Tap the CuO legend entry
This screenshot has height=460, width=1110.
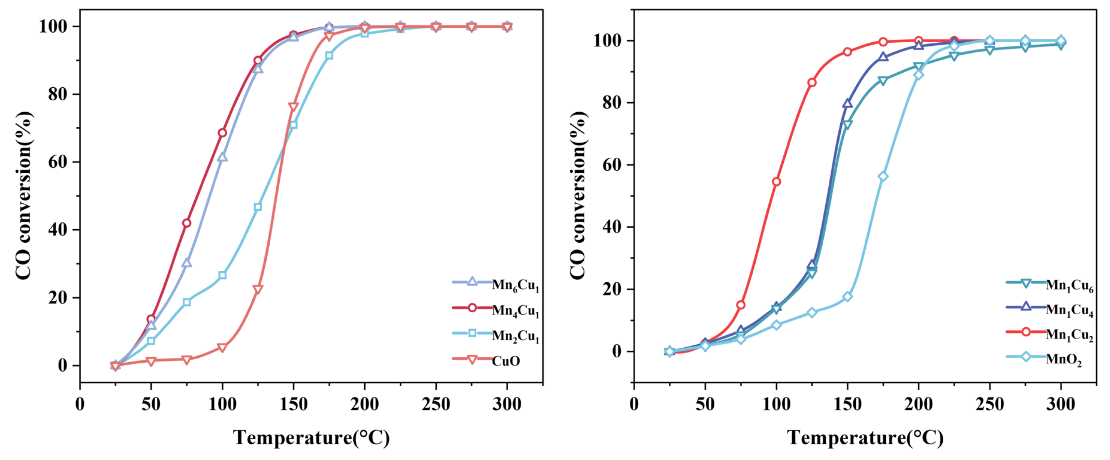tap(506, 360)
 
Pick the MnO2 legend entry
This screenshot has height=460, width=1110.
tap(1063, 359)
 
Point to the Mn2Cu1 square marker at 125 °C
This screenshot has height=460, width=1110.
tap(258, 207)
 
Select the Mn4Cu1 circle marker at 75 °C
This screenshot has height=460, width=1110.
tap(187, 223)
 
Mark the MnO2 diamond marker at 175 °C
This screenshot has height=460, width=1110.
tap(883, 177)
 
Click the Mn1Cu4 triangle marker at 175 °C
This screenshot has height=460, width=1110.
tap(883, 57)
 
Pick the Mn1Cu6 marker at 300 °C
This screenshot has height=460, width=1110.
tap(1061, 45)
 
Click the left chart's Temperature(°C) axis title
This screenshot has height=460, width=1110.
tap(311, 438)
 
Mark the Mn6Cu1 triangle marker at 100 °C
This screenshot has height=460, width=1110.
tap(222, 157)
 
